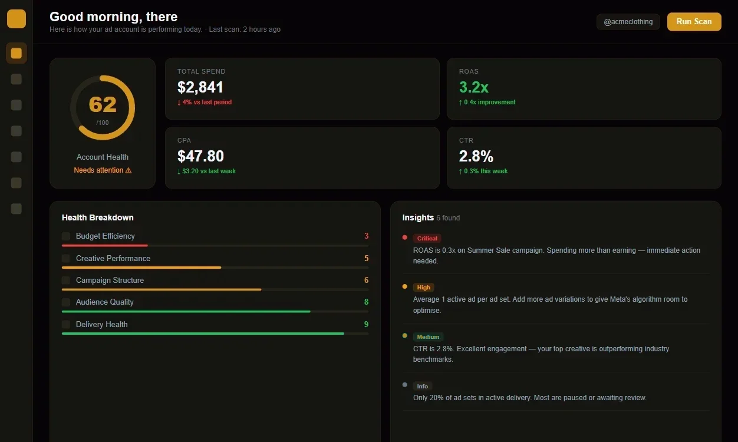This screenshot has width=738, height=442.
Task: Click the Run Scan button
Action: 694,22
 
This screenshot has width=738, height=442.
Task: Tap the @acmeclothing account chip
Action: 628,22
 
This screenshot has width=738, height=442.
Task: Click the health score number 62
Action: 103,104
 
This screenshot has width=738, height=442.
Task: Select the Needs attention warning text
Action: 103,170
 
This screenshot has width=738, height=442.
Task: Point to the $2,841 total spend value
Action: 200,87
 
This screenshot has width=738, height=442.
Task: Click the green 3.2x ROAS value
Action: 474,87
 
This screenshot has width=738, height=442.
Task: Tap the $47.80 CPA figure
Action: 200,156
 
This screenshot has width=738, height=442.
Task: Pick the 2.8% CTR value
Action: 476,156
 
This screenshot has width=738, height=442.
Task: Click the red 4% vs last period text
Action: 205,102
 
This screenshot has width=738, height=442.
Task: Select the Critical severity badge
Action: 427,239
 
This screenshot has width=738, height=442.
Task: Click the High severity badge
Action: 423,288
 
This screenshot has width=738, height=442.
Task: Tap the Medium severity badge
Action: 428,337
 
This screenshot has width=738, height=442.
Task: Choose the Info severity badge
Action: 422,386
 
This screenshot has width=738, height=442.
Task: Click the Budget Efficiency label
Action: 105,236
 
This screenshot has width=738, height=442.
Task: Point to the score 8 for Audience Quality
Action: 366,302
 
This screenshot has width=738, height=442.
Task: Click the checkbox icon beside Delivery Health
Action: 66,325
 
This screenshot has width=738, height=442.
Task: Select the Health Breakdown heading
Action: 97,217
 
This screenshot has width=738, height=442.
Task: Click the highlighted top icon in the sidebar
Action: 17,53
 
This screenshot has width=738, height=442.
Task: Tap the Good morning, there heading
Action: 113,17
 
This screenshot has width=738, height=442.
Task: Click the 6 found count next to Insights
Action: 448,218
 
